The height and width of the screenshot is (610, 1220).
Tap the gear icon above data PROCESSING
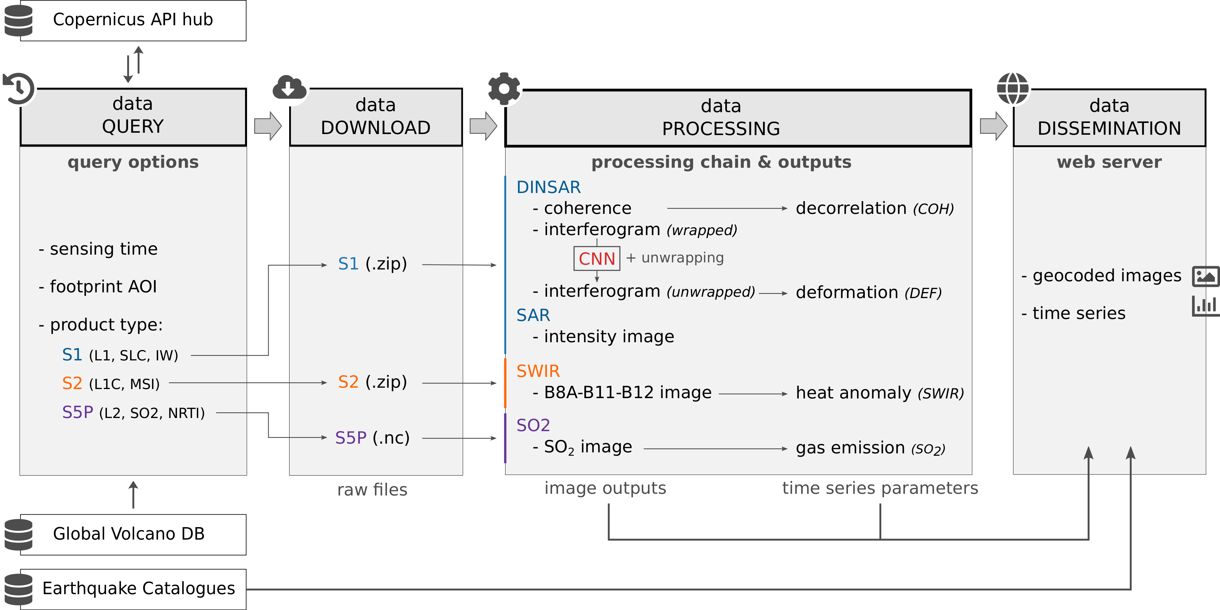pos(504,89)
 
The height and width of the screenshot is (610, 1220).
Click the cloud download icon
pos(289,88)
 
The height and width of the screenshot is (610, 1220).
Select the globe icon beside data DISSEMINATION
pos(1012,89)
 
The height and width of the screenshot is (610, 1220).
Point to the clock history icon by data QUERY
pos(19,88)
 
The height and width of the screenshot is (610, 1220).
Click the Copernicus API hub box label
pos(132,20)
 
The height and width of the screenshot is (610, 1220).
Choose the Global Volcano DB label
pos(129,534)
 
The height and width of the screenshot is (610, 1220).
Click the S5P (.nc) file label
pos(372,438)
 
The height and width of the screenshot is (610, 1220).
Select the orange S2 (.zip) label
pos(372,382)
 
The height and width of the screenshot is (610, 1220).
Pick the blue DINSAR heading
pos(548,187)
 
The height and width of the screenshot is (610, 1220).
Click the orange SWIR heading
pos(538,371)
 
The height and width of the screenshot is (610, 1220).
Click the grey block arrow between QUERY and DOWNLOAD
pos(268,126)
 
